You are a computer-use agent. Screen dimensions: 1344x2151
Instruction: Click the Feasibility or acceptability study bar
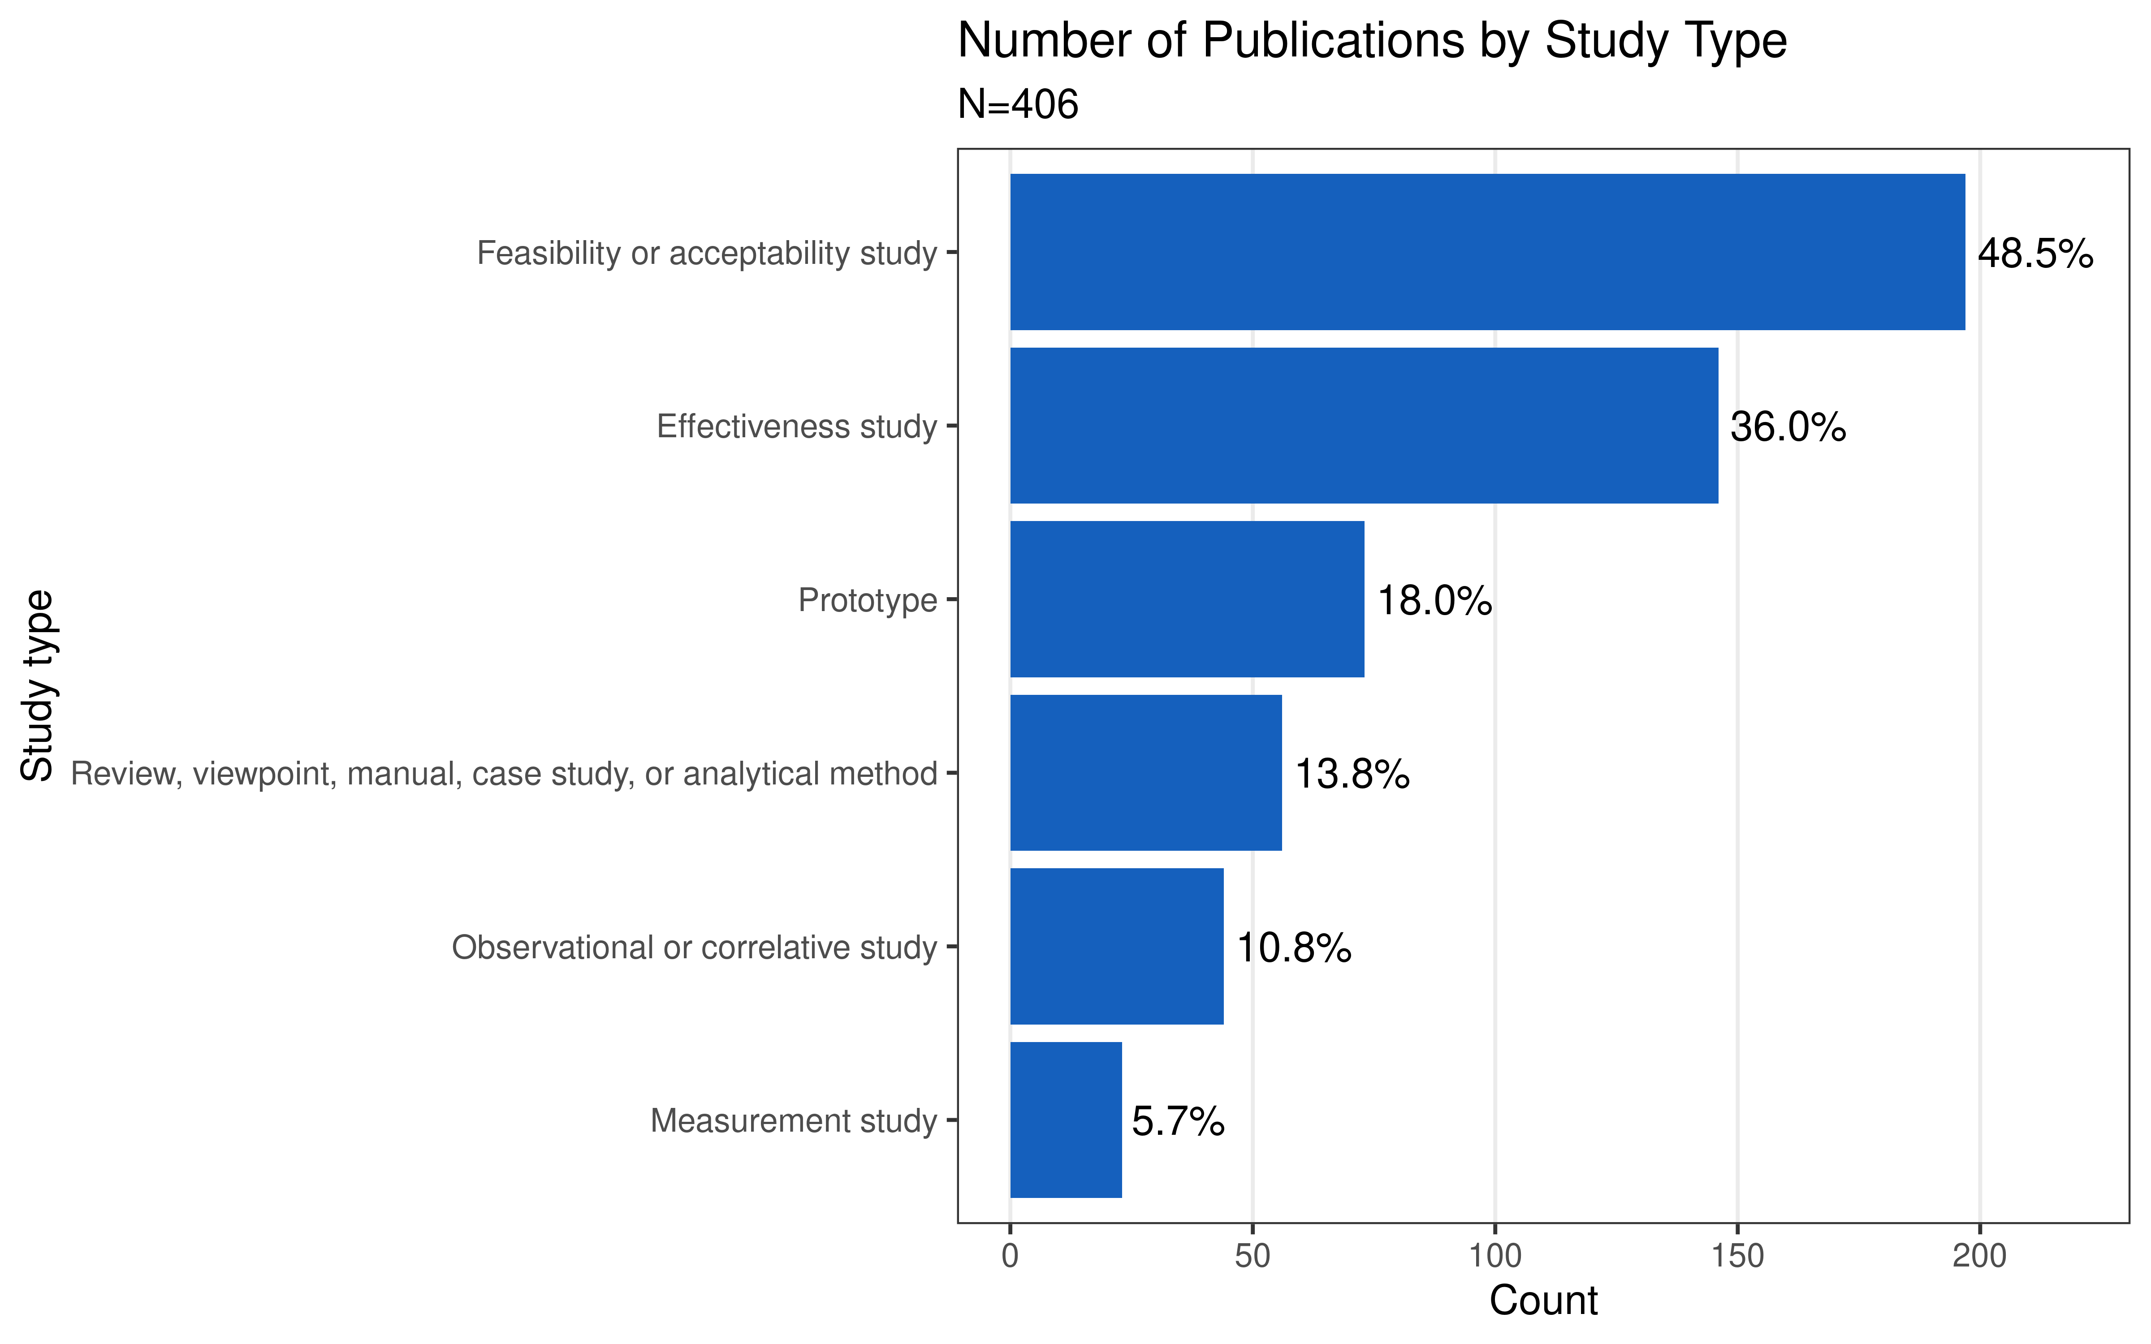(1487, 252)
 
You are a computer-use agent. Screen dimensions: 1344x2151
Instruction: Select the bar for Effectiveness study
(1364, 426)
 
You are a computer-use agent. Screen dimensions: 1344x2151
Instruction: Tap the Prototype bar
(1187, 599)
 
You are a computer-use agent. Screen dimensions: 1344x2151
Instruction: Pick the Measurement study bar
(1066, 1120)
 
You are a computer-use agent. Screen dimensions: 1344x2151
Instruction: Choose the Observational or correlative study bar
(1116, 947)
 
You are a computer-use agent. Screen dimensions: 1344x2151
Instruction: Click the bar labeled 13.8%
(1146, 772)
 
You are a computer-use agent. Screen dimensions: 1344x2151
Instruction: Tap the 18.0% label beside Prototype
(1434, 602)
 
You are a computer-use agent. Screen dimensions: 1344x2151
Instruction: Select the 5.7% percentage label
(1178, 1122)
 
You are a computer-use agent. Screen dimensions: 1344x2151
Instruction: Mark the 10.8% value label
(1293, 948)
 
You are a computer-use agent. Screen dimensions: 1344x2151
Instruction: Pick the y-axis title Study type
(37, 685)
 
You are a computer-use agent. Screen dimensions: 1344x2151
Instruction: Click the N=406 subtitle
(1018, 105)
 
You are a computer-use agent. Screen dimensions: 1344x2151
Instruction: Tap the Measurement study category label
(794, 1121)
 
